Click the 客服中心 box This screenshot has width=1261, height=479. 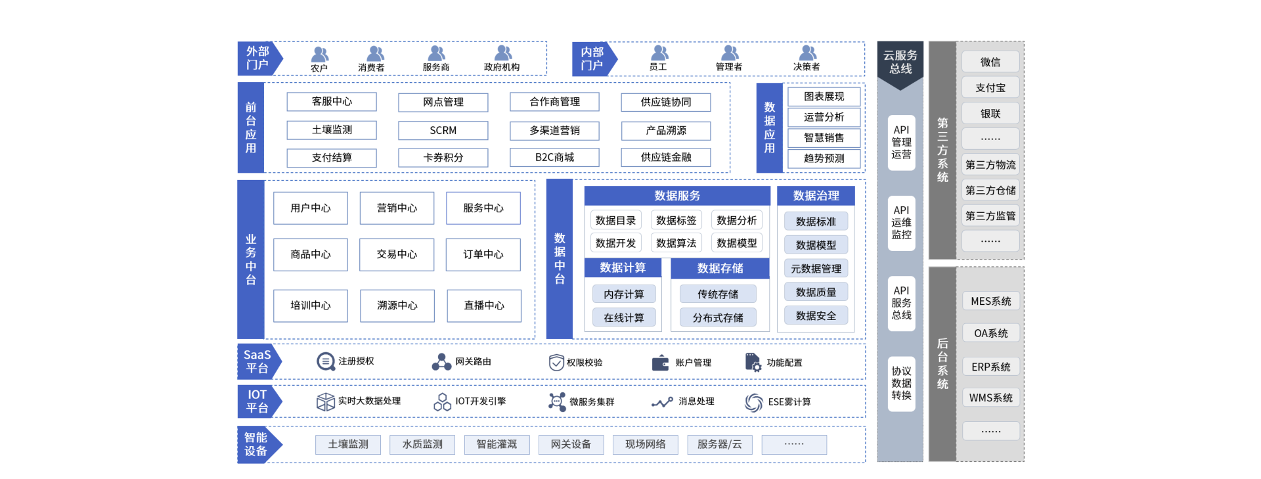point(332,102)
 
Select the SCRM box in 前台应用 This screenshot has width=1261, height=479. point(443,130)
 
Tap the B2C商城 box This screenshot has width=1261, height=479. point(554,158)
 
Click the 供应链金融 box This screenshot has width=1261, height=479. point(666,158)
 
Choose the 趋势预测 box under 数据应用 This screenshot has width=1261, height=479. point(824,158)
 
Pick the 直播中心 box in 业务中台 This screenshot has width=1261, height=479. point(484,306)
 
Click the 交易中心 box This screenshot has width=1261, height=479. point(397,254)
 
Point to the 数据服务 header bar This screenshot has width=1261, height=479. point(676,196)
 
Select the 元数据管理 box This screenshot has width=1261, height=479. point(816,269)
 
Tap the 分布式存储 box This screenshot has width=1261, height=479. point(718,318)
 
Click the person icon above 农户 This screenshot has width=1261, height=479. point(320,54)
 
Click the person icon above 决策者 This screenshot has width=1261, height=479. point(808,53)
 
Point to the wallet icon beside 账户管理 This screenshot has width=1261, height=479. point(660,363)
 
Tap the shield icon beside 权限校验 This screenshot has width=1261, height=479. point(556,363)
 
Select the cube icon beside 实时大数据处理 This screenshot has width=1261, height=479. point(325,401)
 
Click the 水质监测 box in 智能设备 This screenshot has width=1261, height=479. point(422,445)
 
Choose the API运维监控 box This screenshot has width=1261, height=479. point(901,223)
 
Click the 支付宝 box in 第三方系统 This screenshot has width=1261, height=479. point(990,88)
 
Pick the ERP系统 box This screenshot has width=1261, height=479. point(990,367)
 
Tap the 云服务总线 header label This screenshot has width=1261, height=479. point(900,62)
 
